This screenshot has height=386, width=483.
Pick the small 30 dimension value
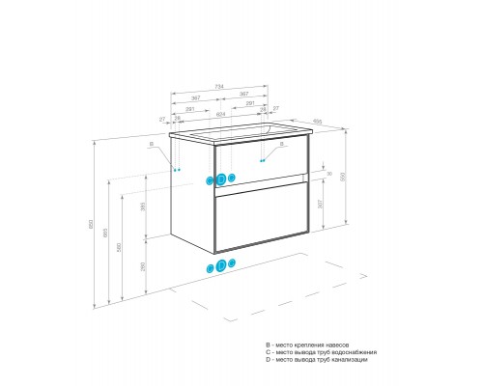(x=329, y=174)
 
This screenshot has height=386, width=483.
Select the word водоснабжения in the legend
(x=343, y=352)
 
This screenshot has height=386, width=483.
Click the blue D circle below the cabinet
(x=221, y=266)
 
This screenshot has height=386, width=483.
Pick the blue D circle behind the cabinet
(x=221, y=179)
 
